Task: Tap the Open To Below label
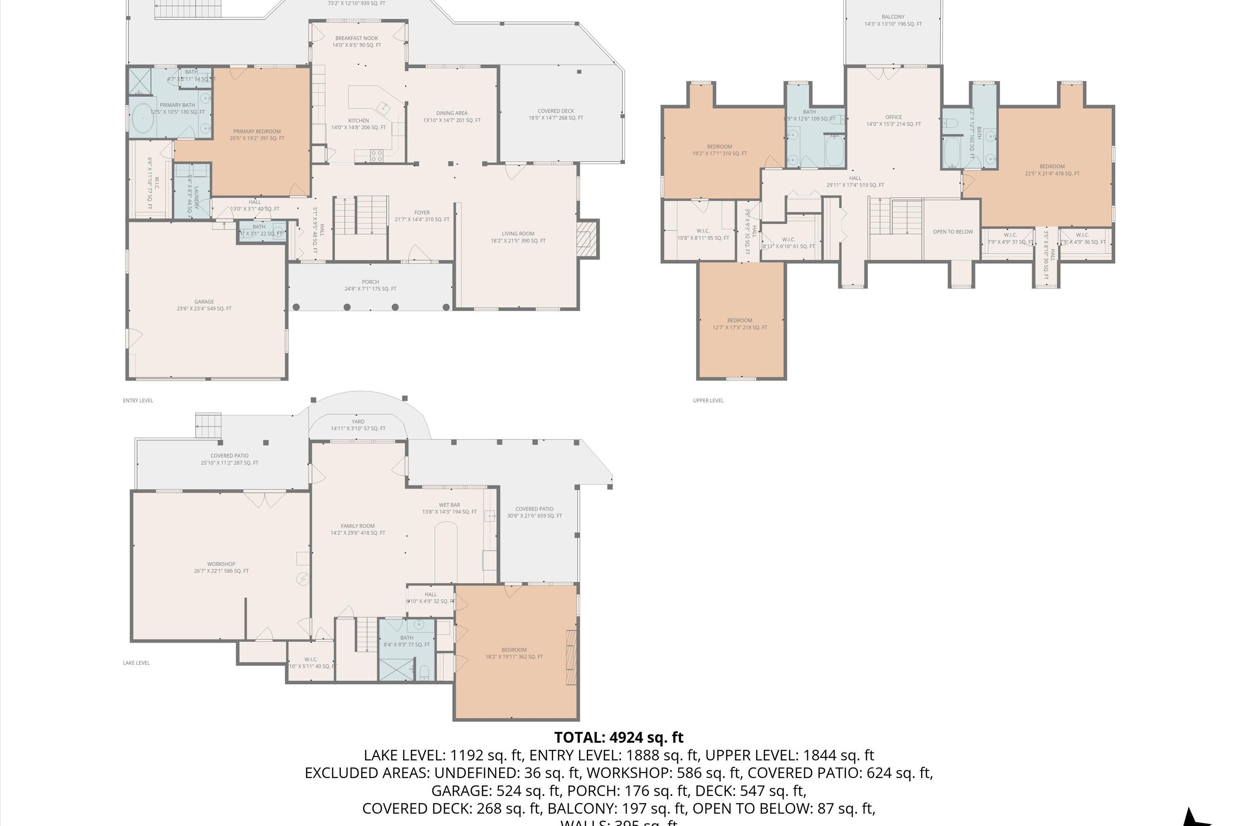coord(953,232)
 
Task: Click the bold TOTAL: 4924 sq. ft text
coord(619,737)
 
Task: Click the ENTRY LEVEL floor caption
coord(138,400)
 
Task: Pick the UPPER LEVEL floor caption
coord(708,400)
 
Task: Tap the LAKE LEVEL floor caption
coord(136,663)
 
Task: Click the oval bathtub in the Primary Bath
coord(142,119)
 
